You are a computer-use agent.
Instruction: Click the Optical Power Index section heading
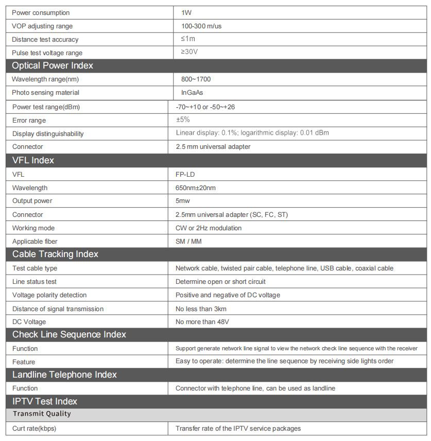(x=53, y=65)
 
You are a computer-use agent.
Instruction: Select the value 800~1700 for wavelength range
(x=196, y=79)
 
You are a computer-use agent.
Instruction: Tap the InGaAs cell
(x=192, y=93)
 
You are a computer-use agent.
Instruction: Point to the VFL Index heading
(x=33, y=160)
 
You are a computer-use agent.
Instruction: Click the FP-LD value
(x=185, y=175)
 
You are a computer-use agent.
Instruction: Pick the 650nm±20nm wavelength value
(x=196, y=188)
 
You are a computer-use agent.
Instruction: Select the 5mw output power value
(x=183, y=201)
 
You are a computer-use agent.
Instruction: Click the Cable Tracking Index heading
(x=55, y=254)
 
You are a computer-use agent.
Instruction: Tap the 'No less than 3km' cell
(x=201, y=309)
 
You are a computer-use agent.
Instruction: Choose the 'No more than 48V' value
(x=202, y=322)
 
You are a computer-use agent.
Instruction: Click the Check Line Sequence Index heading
(x=69, y=334)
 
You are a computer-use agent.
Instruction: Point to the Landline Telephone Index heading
(x=64, y=375)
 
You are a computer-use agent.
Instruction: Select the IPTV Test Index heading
(x=45, y=401)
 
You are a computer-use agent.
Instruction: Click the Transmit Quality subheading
(x=42, y=414)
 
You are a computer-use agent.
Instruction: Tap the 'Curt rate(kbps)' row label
(x=34, y=429)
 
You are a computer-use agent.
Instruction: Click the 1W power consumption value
(x=186, y=12)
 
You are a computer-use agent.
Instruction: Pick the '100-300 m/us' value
(x=201, y=26)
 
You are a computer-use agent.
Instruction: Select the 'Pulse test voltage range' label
(x=47, y=53)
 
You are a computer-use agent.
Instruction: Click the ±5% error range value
(x=183, y=120)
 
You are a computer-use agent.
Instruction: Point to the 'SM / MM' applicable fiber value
(x=188, y=241)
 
